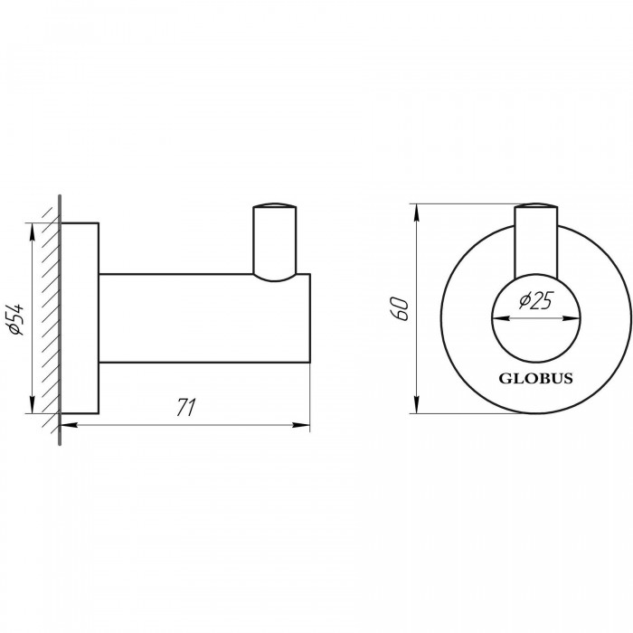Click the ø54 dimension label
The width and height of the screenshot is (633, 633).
(17, 320)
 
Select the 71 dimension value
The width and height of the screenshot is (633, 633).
(186, 407)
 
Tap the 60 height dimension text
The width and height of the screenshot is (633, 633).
(401, 308)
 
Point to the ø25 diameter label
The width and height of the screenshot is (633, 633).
(535, 300)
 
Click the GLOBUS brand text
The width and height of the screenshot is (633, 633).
(535, 378)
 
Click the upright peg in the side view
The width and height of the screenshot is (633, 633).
(275, 242)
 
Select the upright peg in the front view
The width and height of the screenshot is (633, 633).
(536, 241)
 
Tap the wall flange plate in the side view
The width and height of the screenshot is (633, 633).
(80, 318)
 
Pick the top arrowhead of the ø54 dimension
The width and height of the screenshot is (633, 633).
(33, 231)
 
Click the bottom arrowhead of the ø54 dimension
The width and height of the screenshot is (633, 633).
(33, 404)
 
